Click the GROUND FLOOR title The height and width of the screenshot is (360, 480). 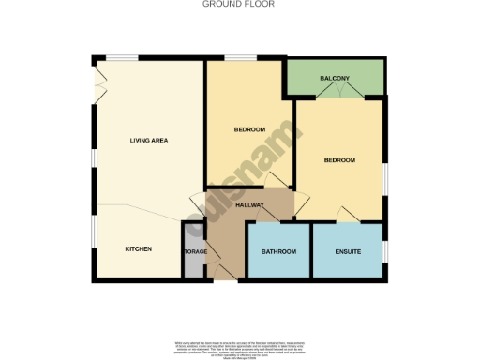[239, 4]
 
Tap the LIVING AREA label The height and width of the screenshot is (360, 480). [148, 141]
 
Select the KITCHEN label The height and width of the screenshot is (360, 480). [139, 248]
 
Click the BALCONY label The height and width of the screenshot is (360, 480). [335, 78]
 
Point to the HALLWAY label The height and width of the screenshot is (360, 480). [250, 205]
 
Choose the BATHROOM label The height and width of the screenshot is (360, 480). [278, 252]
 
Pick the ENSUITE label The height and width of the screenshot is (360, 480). [348, 252]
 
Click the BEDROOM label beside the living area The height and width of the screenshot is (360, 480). [248, 129]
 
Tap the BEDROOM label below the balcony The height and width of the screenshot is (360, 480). [339, 160]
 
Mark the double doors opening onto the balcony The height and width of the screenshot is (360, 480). [335, 92]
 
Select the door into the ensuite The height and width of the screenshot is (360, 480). [347, 217]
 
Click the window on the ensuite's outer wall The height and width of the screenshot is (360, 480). [385, 251]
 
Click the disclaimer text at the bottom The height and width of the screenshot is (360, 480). [239, 350]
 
